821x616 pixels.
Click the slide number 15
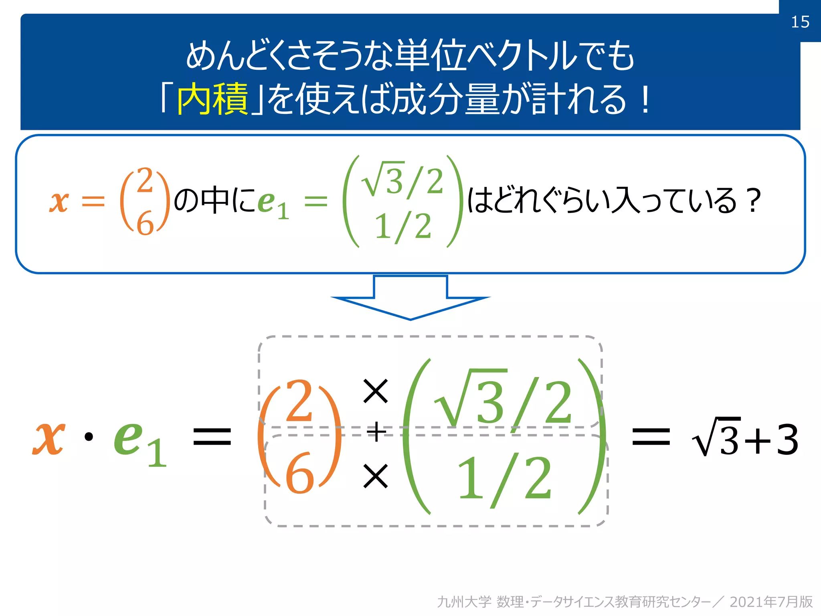point(800,22)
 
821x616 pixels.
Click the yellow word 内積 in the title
point(212,99)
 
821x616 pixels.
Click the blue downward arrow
point(410,297)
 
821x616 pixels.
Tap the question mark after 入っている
point(754,201)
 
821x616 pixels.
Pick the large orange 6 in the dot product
point(299,473)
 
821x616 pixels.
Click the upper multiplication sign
point(375,391)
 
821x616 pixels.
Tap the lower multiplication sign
point(375,476)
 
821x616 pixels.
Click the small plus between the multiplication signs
point(376,432)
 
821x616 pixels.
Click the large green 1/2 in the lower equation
point(504,478)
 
